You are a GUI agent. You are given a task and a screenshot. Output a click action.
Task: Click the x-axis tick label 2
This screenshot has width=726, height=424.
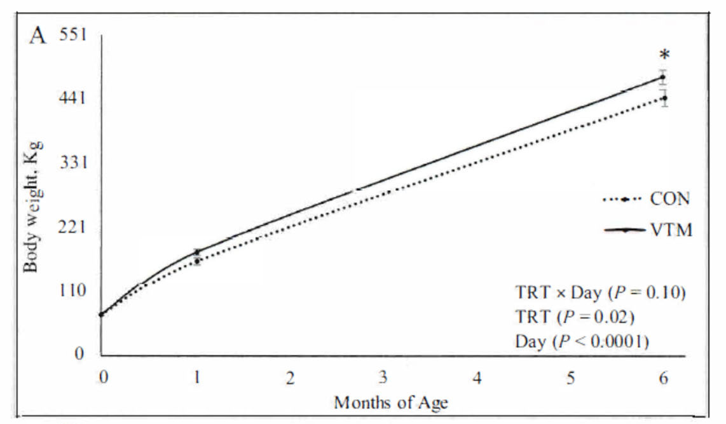click(x=291, y=378)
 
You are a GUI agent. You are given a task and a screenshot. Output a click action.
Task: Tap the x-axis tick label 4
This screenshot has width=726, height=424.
click(x=477, y=378)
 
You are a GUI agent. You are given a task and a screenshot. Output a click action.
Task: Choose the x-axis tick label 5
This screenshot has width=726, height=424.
click(x=571, y=378)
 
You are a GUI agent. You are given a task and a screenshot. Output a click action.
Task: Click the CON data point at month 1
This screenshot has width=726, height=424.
click(x=198, y=261)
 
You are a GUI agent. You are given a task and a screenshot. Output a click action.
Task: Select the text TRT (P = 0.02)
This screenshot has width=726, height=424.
click(x=575, y=317)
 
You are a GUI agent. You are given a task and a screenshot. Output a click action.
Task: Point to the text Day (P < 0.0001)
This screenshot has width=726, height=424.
click(x=582, y=342)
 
